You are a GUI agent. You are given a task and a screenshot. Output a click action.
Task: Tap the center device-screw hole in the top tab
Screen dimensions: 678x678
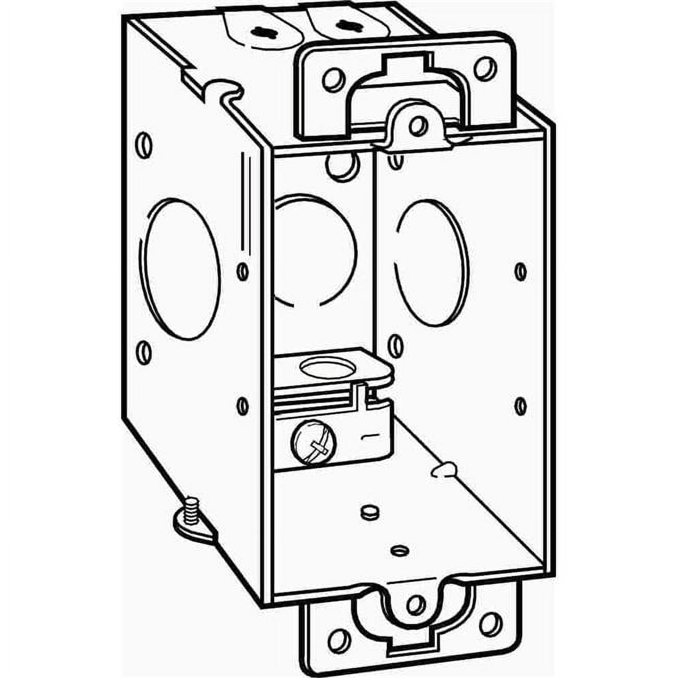point(416,125)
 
